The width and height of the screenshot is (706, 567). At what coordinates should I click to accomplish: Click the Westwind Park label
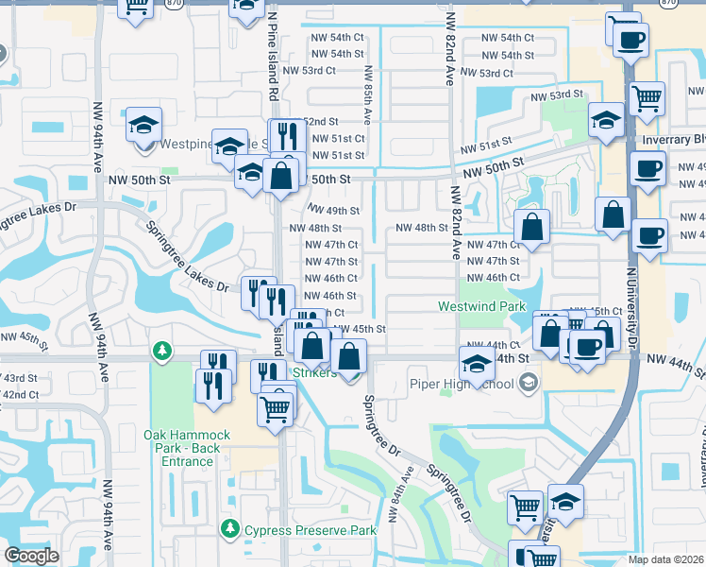click(x=481, y=307)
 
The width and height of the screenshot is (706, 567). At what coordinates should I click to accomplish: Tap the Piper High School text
click(x=462, y=384)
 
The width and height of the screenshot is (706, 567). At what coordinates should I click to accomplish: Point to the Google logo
click(x=31, y=556)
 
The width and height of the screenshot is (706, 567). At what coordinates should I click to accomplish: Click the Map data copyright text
click(x=666, y=559)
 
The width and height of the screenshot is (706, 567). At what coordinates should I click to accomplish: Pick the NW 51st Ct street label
click(x=336, y=139)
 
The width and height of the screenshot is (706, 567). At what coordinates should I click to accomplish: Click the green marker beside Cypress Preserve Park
click(x=228, y=527)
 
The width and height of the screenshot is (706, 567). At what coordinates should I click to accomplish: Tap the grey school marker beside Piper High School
click(x=528, y=382)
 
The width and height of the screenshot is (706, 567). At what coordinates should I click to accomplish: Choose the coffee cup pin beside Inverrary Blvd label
click(x=647, y=169)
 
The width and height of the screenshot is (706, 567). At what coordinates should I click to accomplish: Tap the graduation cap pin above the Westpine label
click(x=143, y=124)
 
